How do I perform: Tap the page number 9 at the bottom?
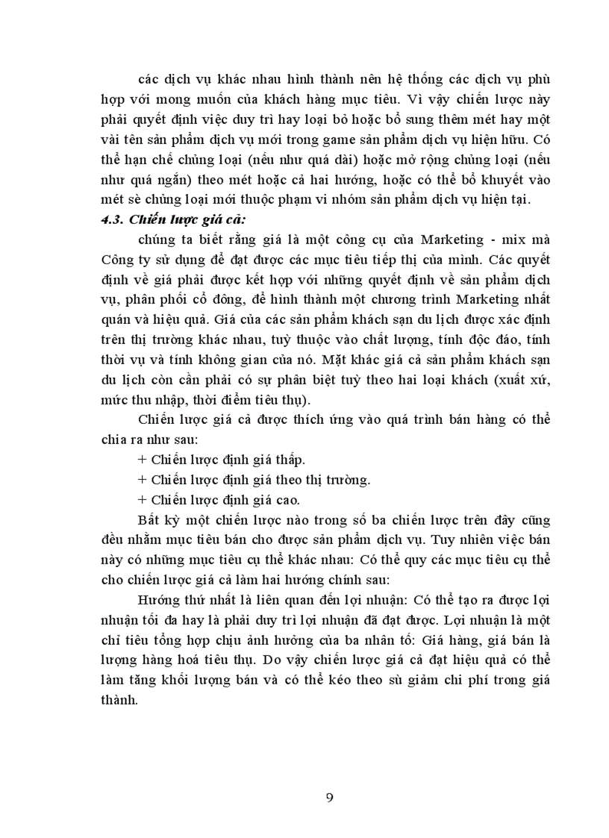click(330, 797)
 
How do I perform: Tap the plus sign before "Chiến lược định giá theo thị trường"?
click(143, 479)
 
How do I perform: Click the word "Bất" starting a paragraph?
click(152, 520)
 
